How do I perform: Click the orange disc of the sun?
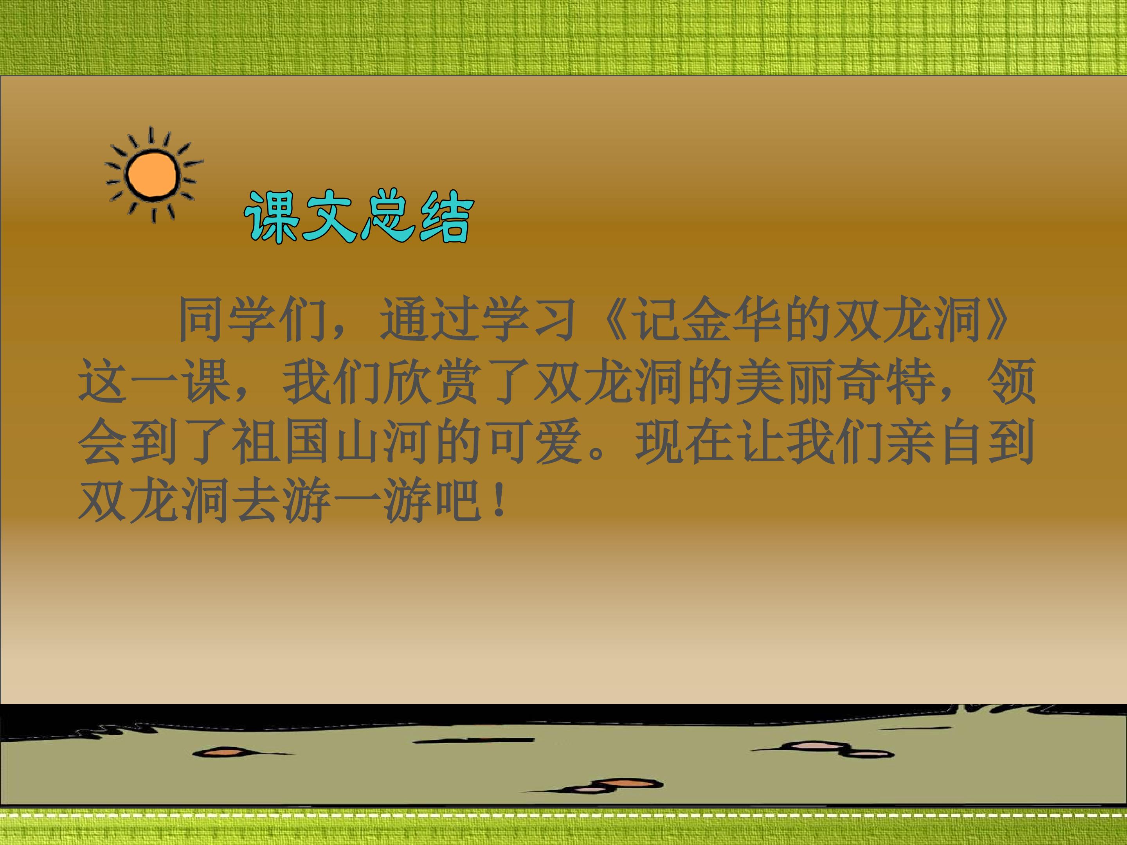(153, 175)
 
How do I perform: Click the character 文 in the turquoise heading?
(328, 217)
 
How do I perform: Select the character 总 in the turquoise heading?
(386, 217)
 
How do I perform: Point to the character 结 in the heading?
(444, 217)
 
